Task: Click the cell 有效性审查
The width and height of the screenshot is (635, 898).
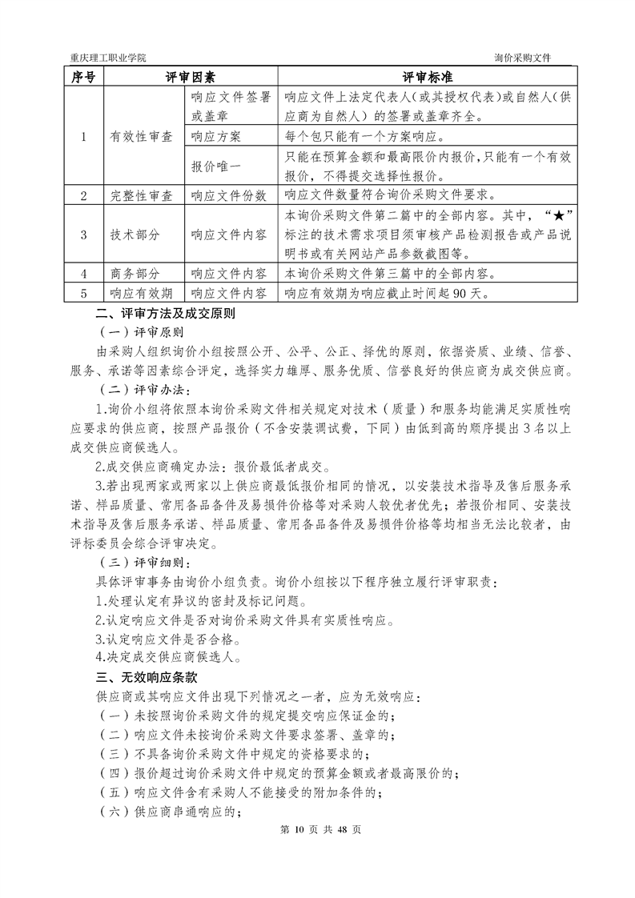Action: coord(141,136)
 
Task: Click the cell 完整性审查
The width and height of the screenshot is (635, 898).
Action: coord(141,195)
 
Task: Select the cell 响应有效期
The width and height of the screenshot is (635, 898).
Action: coord(141,294)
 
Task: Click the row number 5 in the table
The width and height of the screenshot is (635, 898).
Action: coord(83,294)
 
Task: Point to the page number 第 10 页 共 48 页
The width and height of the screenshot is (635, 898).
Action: coord(318,828)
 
